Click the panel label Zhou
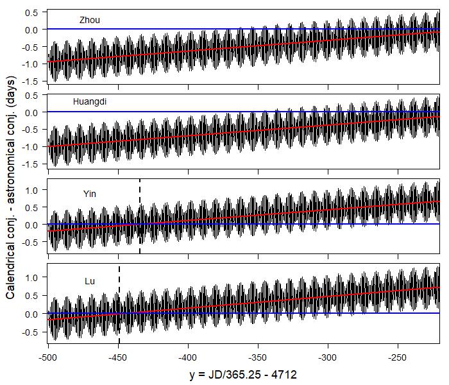tap(90, 20)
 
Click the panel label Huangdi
tap(90, 101)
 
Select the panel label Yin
tap(90, 193)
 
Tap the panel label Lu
tap(90, 281)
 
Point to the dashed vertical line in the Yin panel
tap(140, 218)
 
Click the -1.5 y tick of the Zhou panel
tap(30, 81)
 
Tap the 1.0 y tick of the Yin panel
tap(32, 190)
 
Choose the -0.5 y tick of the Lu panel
tap(30, 333)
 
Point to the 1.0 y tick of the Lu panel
tap(32, 277)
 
